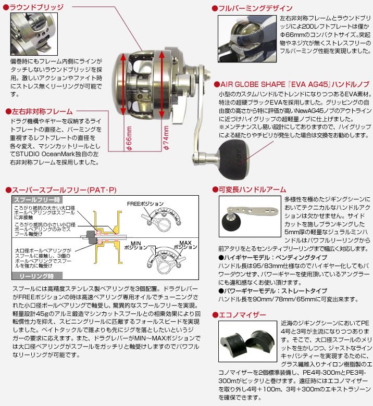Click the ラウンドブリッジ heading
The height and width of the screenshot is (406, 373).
click(x=36, y=7)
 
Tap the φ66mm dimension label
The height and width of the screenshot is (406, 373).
click(x=129, y=138)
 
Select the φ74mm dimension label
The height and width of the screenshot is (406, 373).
click(x=166, y=138)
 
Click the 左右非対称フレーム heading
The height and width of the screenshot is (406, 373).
click(x=42, y=111)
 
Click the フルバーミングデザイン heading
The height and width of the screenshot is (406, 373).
click(x=255, y=8)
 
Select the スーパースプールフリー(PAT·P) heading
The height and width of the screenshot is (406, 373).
click(x=64, y=190)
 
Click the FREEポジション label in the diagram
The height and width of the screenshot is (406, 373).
click(x=145, y=204)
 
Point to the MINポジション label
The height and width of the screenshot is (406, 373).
click(x=136, y=245)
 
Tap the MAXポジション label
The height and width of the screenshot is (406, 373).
click(x=185, y=245)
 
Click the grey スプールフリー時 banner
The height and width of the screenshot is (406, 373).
click(x=37, y=200)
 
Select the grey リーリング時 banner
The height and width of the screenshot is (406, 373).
click(x=37, y=276)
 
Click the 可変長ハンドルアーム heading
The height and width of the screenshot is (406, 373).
click(x=252, y=189)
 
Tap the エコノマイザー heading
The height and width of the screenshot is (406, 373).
click(x=242, y=315)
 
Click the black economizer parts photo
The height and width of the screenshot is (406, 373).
click(x=247, y=341)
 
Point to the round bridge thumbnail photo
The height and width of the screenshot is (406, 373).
click(x=34, y=34)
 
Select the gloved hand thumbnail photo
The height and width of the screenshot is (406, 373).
click(x=247, y=39)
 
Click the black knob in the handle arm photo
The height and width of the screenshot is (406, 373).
click(x=231, y=222)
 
